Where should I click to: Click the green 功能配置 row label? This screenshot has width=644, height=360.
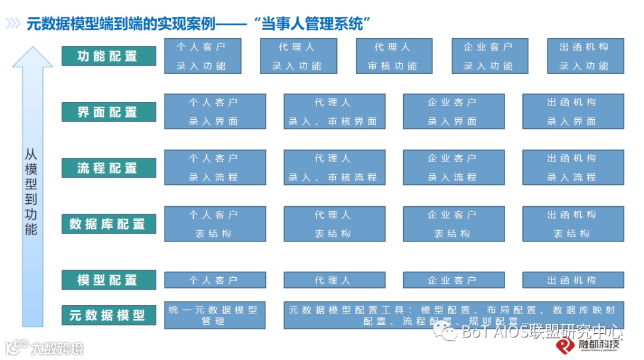(109, 56)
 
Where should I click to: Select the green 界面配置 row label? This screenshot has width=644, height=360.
(109, 112)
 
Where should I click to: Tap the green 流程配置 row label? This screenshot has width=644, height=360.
(109, 168)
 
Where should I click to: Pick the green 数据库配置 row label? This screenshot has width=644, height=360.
(109, 224)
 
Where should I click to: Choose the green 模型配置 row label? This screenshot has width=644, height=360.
(109, 280)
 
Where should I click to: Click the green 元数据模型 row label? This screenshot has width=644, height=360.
(109, 315)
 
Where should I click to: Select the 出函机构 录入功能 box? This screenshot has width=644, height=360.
(586, 56)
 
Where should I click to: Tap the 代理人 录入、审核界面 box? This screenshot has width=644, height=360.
(334, 111)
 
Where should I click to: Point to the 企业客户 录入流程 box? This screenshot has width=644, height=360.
(454, 167)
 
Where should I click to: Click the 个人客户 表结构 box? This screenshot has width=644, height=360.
(215, 224)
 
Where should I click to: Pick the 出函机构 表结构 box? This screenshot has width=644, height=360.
(573, 224)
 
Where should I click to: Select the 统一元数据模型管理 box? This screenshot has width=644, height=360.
(215, 315)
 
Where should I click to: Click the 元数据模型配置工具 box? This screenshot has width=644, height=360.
(453, 315)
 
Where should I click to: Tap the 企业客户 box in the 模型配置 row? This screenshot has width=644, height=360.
(454, 280)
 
